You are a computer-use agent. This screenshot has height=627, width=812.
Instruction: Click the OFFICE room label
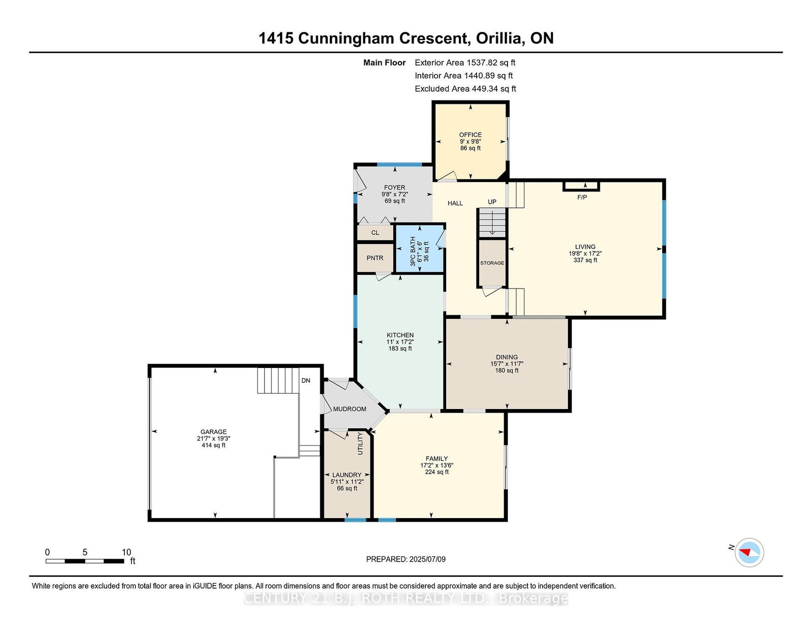pyautogui.click(x=470, y=135)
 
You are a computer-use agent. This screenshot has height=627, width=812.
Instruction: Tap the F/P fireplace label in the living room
pyautogui.click(x=582, y=198)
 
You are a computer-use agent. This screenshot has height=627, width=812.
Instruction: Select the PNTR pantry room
pyautogui.click(x=375, y=258)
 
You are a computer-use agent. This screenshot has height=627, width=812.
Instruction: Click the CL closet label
pyautogui.click(x=375, y=233)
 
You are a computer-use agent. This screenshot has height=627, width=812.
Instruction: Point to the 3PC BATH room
pyautogui.click(x=420, y=248)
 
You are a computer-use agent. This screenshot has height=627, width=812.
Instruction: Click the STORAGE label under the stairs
pyautogui.click(x=492, y=263)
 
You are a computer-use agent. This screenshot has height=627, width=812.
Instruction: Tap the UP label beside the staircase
pyautogui.click(x=492, y=202)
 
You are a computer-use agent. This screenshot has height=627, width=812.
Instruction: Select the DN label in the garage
pyautogui.click(x=306, y=381)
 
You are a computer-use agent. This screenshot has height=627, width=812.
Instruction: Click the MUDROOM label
pyautogui.click(x=349, y=409)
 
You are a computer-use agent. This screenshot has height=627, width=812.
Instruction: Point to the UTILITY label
pyautogui.click(x=360, y=444)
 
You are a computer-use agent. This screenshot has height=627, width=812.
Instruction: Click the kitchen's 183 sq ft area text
pyautogui.click(x=400, y=349)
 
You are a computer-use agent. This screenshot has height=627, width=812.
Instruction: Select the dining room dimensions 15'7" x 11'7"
pyautogui.click(x=506, y=364)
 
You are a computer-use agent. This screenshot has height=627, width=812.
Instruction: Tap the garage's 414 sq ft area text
pyautogui.click(x=213, y=445)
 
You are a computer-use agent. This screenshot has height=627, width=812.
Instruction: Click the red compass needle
pyautogui.click(x=745, y=552)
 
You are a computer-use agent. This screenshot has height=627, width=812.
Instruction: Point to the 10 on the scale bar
pyautogui.click(x=126, y=552)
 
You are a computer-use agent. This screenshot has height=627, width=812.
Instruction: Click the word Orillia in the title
pyautogui.click(x=499, y=39)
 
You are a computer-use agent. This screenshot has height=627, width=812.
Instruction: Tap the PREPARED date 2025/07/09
pyautogui.click(x=427, y=560)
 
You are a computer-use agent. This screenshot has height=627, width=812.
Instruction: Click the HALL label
pyautogui.click(x=455, y=203)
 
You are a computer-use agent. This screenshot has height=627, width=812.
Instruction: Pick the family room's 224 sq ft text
pyautogui.click(x=436, y=472)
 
